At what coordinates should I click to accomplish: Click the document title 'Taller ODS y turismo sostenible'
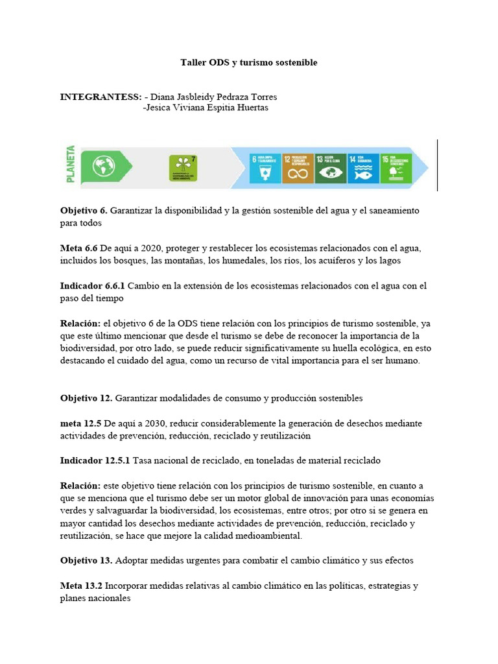point(248,63)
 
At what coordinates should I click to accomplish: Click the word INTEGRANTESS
point(101,97)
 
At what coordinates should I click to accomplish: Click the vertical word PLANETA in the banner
point(71,165)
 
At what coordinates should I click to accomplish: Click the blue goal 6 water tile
point(265,167)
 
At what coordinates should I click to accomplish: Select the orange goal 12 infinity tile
point(297,167)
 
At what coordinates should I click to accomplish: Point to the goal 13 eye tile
point(330,167)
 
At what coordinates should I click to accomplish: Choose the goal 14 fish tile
point(363,167)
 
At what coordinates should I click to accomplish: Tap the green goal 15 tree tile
point(395,167)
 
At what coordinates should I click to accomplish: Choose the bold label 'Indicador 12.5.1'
point(95,460)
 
